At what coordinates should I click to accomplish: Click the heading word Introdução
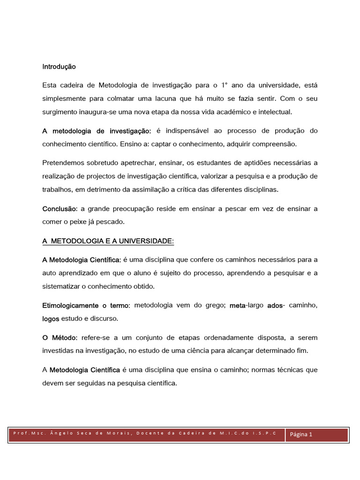59,67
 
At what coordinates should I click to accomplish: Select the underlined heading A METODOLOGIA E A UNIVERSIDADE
108,241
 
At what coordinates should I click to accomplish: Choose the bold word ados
275,306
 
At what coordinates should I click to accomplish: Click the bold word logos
51,319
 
